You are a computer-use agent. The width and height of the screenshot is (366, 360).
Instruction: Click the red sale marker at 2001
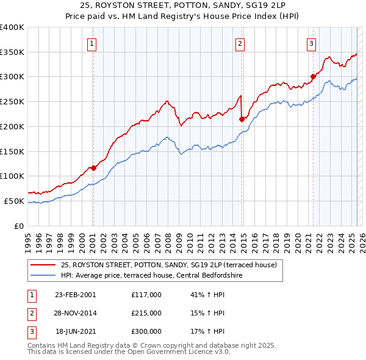tap(93, 168)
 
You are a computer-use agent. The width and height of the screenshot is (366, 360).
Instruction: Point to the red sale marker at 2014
tap(242, 119)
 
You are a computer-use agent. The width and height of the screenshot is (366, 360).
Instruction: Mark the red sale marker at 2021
tap(313, 77)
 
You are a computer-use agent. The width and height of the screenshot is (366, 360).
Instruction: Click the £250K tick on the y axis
tap(12, 102)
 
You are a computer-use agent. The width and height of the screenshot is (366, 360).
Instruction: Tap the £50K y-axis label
tap(14, 201)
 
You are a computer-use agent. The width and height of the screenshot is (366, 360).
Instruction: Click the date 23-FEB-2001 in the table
tap(75, 294)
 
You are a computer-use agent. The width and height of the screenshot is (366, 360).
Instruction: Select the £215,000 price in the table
tap(146, 313)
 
